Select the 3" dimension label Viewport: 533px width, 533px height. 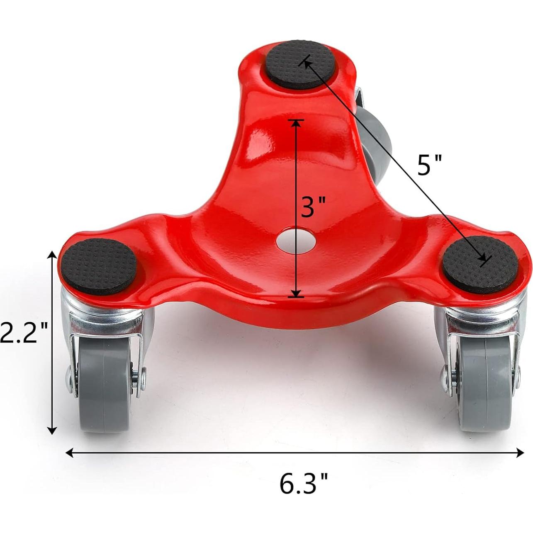[312, 207]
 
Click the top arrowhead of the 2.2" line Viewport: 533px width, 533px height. [52, 255]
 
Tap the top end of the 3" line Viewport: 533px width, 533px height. [295, 121]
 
